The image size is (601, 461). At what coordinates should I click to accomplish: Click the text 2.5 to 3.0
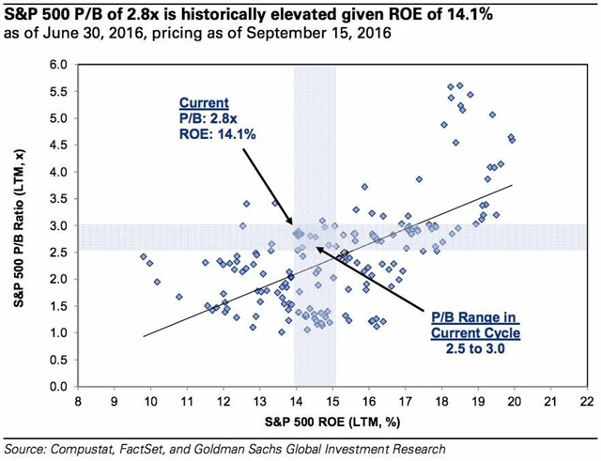(475, 349)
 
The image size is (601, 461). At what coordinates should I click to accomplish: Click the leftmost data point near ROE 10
(143, 256)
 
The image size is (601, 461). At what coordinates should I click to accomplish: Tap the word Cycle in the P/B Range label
(499, 333)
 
